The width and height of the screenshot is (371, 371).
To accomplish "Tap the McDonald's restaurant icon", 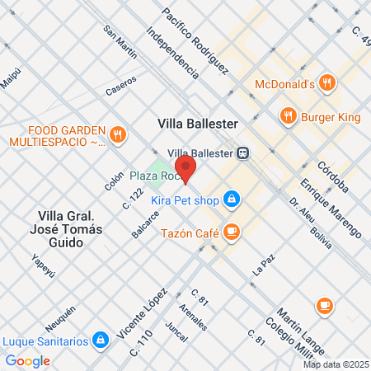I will click(x=328, y=83).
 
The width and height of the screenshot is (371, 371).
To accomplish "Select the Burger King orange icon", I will click(x=288, y=116).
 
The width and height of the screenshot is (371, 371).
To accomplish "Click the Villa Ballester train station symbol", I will click(x=243, y=153).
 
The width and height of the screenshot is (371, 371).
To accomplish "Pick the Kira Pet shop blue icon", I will click(x=232, y=199).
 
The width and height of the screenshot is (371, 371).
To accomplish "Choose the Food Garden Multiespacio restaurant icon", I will click(x=118, y=134).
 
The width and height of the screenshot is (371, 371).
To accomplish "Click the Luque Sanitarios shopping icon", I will click(x=101, y=339).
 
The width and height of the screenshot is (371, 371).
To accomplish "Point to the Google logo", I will click(x=28, y=360).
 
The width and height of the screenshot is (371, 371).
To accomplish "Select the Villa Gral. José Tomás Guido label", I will click(x=70, y=222).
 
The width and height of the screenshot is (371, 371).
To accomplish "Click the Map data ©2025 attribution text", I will click(x=335, y=364).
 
